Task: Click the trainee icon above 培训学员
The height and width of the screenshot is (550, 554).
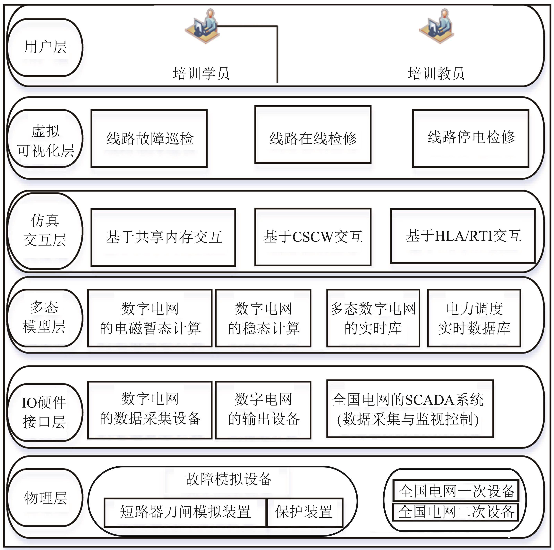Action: (x=202, y=26)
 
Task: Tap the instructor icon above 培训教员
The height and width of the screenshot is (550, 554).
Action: (x=436, y=26)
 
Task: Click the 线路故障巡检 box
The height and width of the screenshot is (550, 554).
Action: (x=149, y=138)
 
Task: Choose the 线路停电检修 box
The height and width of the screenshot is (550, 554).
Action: (x=471, y=138)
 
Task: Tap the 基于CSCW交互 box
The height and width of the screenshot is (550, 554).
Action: (x=313, y=237)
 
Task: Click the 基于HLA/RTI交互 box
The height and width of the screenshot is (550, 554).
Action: (x=463, y=236)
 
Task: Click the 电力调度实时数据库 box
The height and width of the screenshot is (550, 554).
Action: (x=474, y=318)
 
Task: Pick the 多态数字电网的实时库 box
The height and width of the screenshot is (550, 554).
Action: (x=373, y=318)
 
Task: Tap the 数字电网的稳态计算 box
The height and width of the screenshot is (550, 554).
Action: (x=263, y=318)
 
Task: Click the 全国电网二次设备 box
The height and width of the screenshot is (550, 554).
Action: (x=456, y=512)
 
